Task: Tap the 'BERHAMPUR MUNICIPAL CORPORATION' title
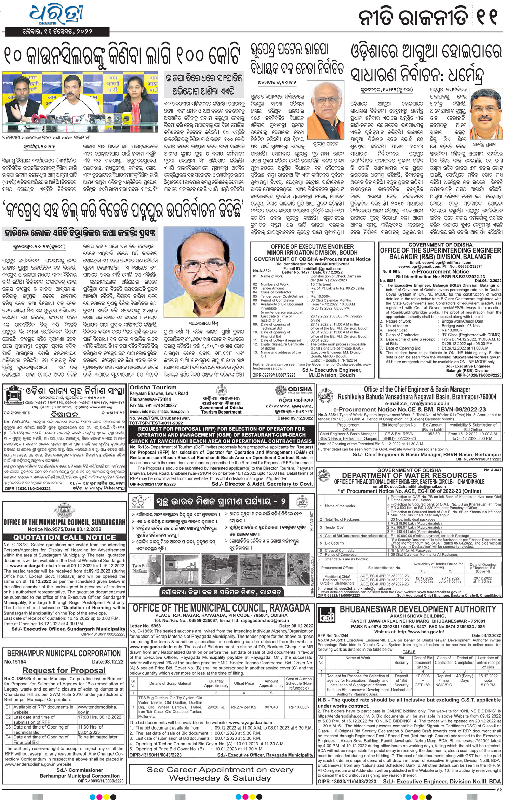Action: [64, 654]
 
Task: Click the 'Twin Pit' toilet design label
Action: [139, 566]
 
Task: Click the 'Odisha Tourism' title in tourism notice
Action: [154, 388]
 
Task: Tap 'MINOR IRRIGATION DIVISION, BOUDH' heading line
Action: [312, 252]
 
